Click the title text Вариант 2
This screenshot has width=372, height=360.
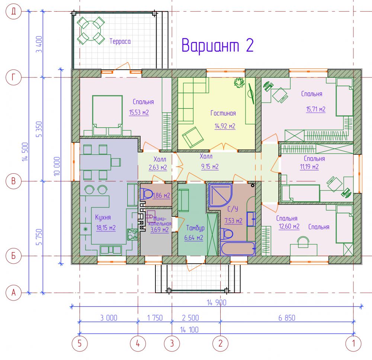[x=218, y=45]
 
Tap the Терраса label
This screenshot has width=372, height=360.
[x=120, y=41]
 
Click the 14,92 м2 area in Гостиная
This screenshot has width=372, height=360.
[x=225, y=126]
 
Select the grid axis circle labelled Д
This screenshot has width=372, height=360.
[x=13, y=11]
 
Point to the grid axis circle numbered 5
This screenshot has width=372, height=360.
[x=80, y=343]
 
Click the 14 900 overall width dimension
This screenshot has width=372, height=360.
[x=217, y=303]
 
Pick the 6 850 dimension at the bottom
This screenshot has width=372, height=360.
[x=287, y=318]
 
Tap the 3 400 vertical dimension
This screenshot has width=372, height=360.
[x=39, y=44]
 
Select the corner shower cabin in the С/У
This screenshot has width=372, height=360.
[x=220, y=195]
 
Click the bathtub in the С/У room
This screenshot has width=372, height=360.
[x=238, y=248]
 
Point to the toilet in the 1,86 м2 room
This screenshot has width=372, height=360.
[x=146, y=194]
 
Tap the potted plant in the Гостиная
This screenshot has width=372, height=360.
[x=239, y=83]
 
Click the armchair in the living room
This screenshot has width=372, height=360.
[x=193, y=137]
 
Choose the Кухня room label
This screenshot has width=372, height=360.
[x=103, y=217]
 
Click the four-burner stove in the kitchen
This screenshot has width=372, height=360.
[x=132, y=234]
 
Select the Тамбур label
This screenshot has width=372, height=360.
[x=195, y=228]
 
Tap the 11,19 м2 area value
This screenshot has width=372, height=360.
[x=309, y=167]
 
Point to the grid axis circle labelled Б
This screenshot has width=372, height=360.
[x=13, y=256]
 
